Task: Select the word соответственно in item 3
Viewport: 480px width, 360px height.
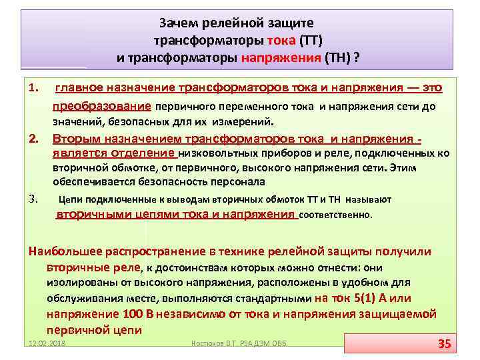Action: coord(337,215)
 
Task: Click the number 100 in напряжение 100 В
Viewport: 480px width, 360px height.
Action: coord(133,314)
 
